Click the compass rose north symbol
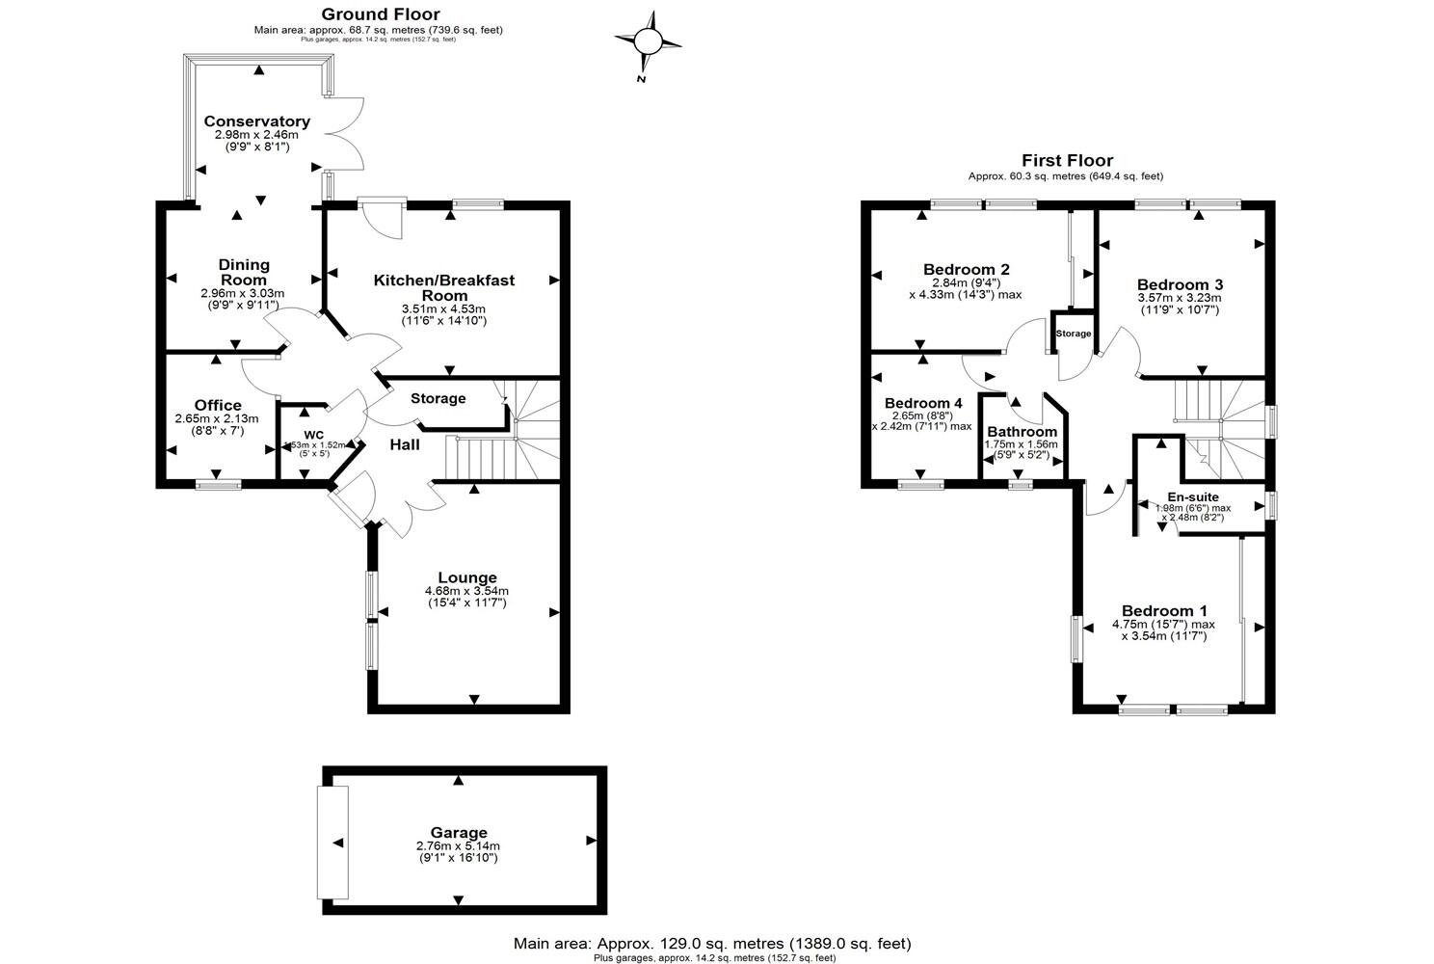pyautogui.click(x=649, y=41)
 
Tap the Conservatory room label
pyautogui.click(x=256, y=121)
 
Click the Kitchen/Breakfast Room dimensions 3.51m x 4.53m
pyautogui.click(x=444, y=308)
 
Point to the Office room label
pyautogui.click(x=218, y=405)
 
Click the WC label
pyautogui.click(x=314, y=434)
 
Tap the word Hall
pyautogui.click(x=405, y=444)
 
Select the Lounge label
pyautogui.click(x=467, y=578)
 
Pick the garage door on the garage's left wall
pyautogui.click(x=334, y=843)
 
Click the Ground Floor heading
pyautogui.click(x=380, y=14)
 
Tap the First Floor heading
pyautogui.click(x=1067, y=161)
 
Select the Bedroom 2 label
pyautogui.click(x=966, y=269)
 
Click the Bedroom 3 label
pyautogui.click(x=1180, y=284)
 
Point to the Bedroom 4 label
pyautogui.click(x=923, y=403)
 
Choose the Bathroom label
pyautogui.click(x=1022, y=432)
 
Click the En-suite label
pyautogui.click(x=1192, y=497)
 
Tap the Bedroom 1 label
pyautogui.click(x=1163, y=611)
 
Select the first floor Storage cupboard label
pyautogui.click(x=1074, y=334)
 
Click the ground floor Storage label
pyautogui.click(x=438, y=398)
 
